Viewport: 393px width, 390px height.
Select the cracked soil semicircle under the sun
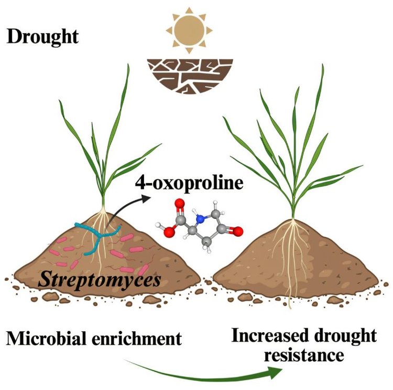pos(190,76)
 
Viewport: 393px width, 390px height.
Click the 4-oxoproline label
pos(189,183)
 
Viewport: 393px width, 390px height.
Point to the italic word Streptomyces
pos(100,280)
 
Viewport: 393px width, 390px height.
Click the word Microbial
pos(47,338)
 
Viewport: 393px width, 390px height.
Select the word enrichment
pos(137,339)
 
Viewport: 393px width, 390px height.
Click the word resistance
pos(304,355)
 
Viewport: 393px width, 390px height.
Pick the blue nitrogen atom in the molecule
pos(200,220)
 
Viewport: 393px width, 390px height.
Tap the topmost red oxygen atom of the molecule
pos(179,204)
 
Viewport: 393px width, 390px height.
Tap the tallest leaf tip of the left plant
pos(128,65)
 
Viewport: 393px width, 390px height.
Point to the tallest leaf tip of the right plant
pos(322,65)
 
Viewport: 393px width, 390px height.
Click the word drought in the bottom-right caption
pos(346,336)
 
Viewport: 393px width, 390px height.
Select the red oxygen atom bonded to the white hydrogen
pos(169,232)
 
